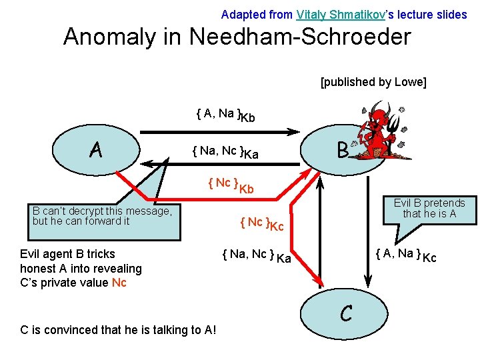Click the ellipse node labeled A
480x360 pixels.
96,151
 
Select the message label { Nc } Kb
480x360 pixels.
231,185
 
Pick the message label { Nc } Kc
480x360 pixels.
261,224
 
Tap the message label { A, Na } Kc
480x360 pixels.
405,255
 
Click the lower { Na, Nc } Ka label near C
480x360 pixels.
256,255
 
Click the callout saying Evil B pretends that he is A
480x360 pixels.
429,209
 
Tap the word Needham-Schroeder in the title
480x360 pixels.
300,37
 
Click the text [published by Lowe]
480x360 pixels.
373,82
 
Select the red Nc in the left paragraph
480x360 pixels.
119,283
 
